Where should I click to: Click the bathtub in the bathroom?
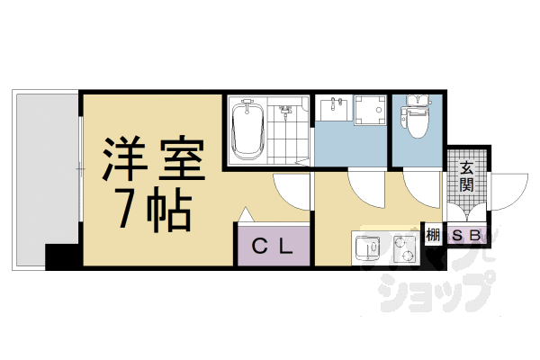coord(246,131)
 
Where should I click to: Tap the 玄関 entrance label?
coord(467,176)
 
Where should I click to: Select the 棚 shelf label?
coord(433,237)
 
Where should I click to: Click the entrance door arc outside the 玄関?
coord(508,193)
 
